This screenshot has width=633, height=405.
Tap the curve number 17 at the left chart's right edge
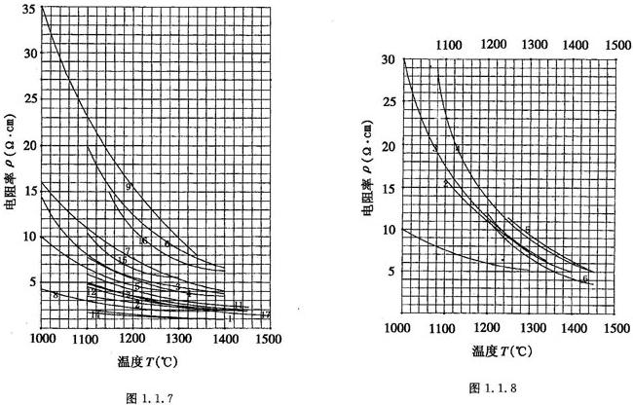click(x=265, y=314)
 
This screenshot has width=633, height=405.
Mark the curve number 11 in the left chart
click(x=238, y=306)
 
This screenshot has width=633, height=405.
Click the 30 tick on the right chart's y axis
click(x=388, y=59)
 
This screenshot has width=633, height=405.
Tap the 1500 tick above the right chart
click(x=616, y=44)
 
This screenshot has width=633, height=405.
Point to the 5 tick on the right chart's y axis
click(x=391, y=272)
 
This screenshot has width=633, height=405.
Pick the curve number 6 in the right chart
click(x=585, y=279)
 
